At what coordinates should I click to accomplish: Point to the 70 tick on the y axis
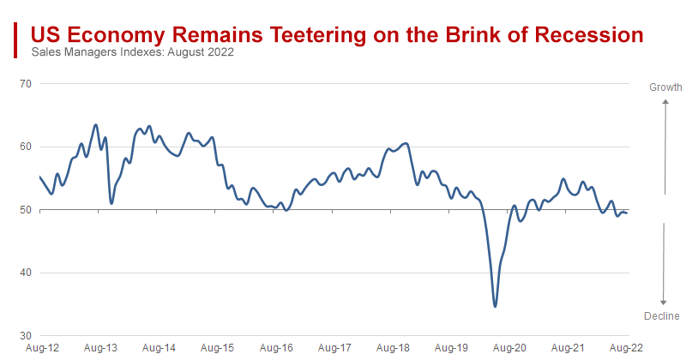(25, 84)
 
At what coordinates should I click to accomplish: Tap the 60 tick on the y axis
(25, 147)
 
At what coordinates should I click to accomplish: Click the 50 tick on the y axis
(25, 210)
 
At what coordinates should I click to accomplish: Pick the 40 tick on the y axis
(25, 273)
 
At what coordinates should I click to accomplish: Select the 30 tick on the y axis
(25, 336)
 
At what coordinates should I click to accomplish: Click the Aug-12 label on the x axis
(42, 349)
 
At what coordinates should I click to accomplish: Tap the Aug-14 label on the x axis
(159, 349)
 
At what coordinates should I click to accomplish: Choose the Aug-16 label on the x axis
(275, 349)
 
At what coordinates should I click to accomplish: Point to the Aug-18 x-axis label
(392, 349)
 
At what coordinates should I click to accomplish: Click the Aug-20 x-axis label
(509, 349)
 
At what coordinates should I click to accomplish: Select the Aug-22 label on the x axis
(625, 349)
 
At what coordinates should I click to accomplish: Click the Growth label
(665, 87)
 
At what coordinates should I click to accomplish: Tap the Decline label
(662, 316)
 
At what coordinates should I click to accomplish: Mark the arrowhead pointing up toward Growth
(664, 101)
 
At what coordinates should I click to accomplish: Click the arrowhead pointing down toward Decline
(664, 302)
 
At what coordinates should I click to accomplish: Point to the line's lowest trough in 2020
(495, 306)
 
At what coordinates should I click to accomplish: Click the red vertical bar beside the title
(15, 40)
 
